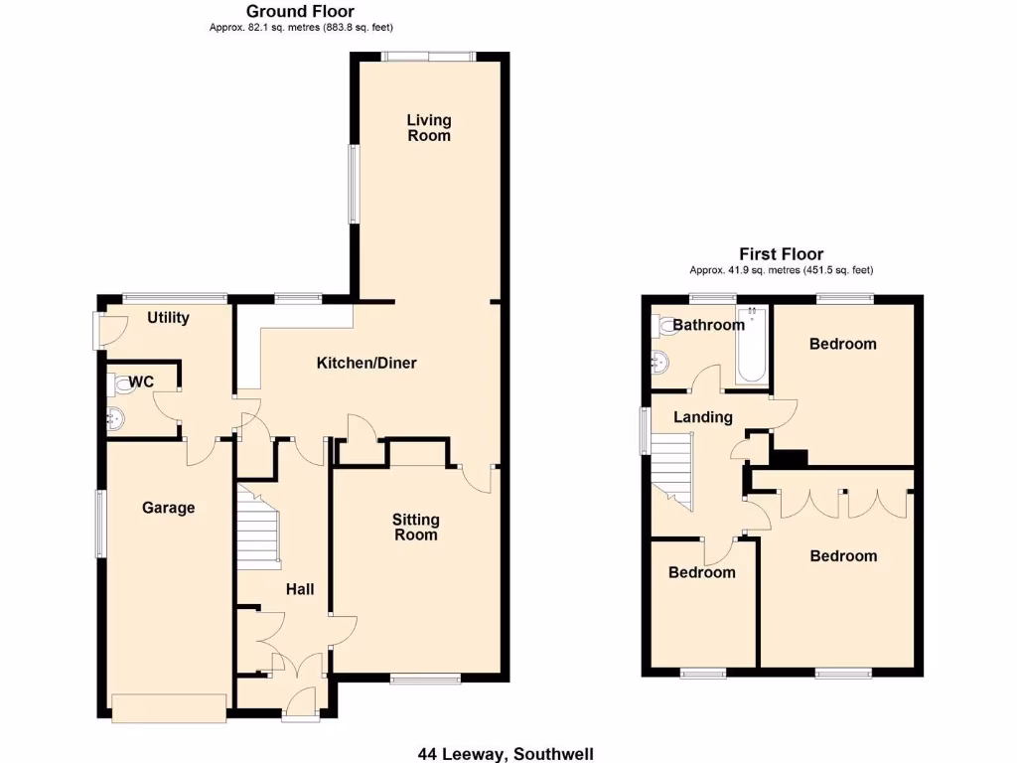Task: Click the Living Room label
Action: click(x=429, y=127)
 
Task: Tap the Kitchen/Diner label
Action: click(x=366, y=363)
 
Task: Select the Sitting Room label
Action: click(x=415, y=527)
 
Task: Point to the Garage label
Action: click(x=168, y=508)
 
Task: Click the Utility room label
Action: click(x=168, y=318)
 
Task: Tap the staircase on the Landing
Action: click(x=670, y=472)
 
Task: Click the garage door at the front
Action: click(x=168, y=708)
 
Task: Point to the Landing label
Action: click(x=702, y=417)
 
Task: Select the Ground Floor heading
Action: click(x=300, y=11)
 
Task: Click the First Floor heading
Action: click(x=781, y=254)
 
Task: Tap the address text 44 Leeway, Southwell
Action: click(x=506, y=754)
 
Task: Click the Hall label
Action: click(x=300, y=589)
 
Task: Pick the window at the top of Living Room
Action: click(x=429, y=57)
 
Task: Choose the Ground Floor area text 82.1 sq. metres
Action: click(x=308, y=28)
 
